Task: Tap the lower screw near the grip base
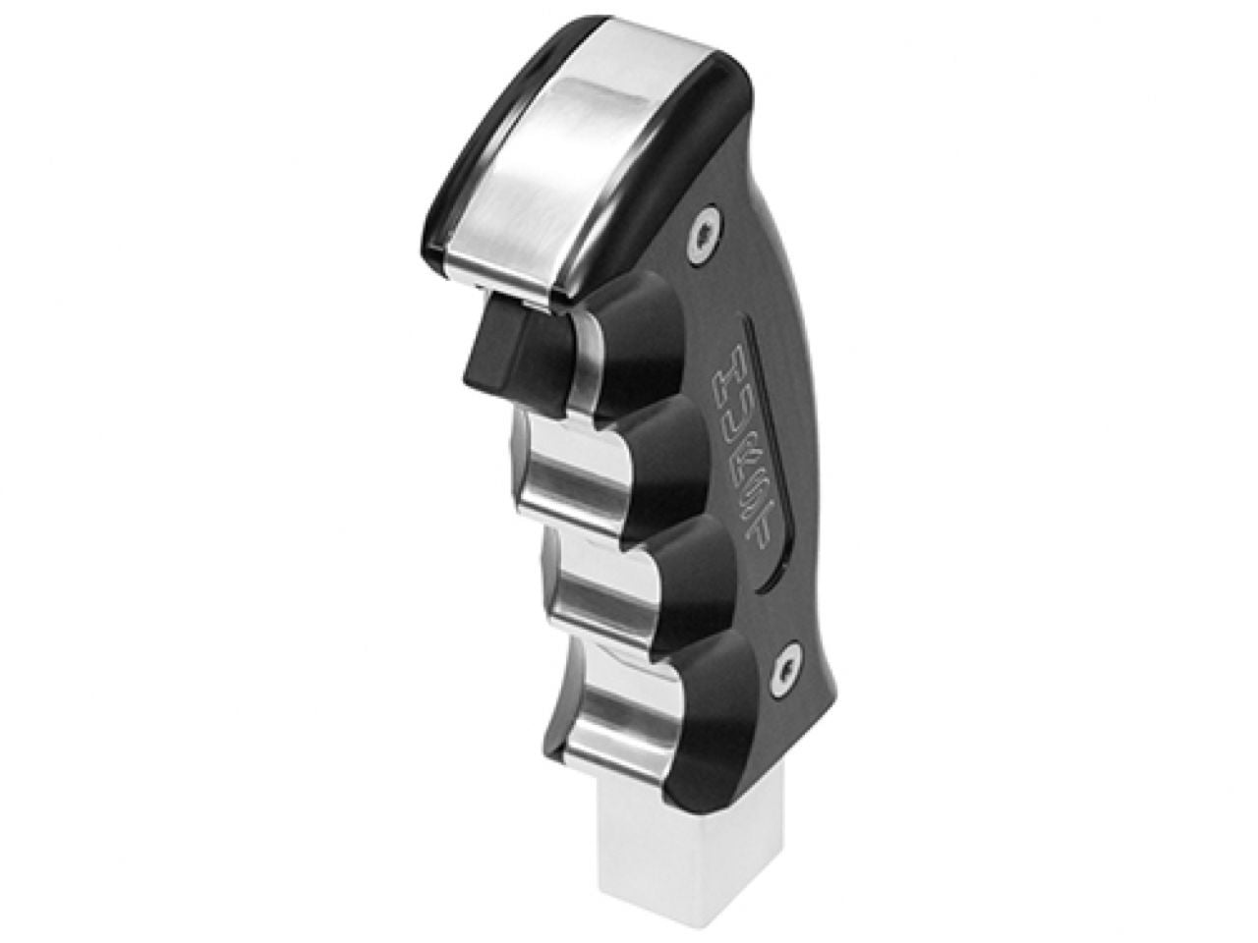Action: tap(784, 661)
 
